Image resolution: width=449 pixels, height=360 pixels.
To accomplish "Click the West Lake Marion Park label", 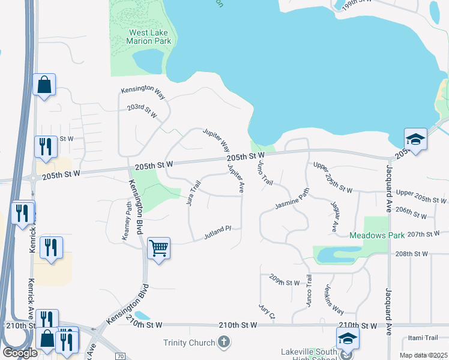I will click(x=148, y=37).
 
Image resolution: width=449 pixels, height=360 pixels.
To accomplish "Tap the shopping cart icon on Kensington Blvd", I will click(x=158, y=247).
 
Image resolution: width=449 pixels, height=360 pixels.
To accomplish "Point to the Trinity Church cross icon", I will click(x=223, y=343).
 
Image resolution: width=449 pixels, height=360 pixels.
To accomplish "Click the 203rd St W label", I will click(x=142, y=112).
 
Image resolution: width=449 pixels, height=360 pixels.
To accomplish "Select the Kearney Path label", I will click(x=127, y=221).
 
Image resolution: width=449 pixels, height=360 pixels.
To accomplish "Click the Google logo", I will click(x=20, y=353).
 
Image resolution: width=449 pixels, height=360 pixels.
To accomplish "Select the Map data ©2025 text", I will click(x=423, y=355).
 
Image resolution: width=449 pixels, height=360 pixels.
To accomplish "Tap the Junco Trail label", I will click(x=309, y=291).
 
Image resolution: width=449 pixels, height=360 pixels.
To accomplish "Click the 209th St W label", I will click(x=285, y=282).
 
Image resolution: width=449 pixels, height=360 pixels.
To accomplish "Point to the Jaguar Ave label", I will click(x=334, y=217).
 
